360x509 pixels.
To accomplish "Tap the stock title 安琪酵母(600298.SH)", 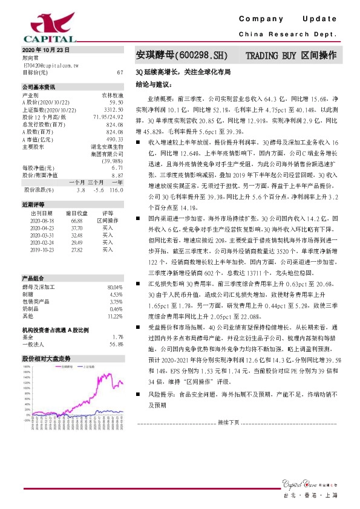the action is click(181, 56).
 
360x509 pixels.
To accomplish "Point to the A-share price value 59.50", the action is click(116, 103).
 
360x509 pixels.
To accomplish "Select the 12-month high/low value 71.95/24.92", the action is click(108, 116).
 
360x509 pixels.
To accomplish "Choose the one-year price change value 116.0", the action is click(116, 190).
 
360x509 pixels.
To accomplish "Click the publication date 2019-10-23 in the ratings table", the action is click(42, 248).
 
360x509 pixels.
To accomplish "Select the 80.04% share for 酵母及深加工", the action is click(114, 287).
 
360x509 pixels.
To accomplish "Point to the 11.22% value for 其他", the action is click(114, 316).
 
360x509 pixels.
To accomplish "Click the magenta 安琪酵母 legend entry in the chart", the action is click(66, 366).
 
